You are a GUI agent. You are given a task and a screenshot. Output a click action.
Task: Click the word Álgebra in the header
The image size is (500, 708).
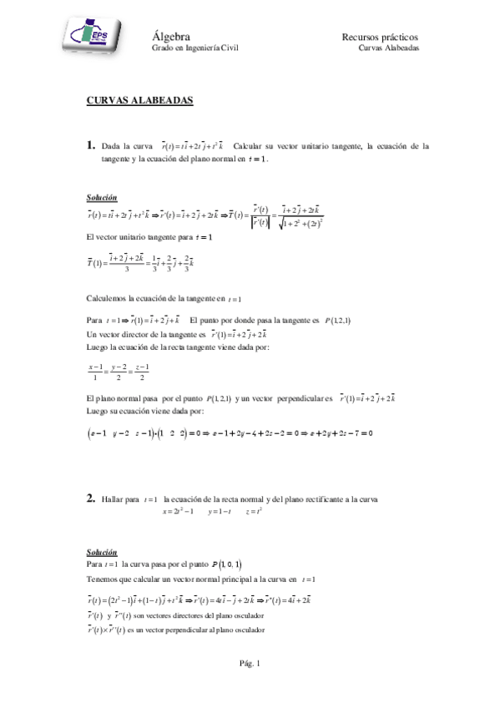(x=172, y=37)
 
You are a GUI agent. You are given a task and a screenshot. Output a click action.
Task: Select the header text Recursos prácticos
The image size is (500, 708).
(x=380, y=38)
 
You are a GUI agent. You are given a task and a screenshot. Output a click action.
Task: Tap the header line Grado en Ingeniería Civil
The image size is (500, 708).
(x=194, y=49)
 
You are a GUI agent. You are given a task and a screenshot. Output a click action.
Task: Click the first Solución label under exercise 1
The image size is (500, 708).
(x=102, y=198)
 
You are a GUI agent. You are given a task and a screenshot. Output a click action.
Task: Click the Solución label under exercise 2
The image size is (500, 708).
(x=102, y=553)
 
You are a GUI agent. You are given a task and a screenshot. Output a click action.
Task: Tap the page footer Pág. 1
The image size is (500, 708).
(x=250, y=663)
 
